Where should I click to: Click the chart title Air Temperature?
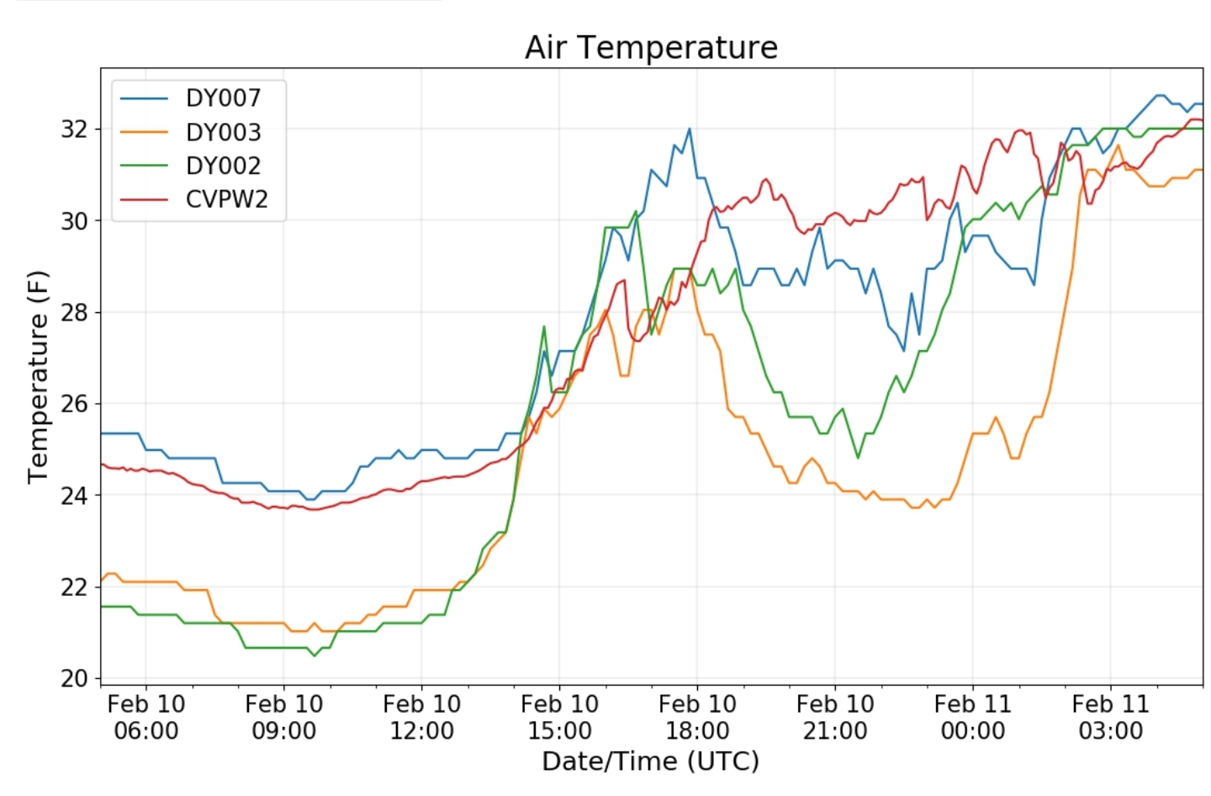(x=651, y=47)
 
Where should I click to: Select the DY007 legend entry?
(x=223, y=98)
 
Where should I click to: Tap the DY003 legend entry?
(x=223, y=132)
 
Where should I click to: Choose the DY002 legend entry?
(x=223, y=166)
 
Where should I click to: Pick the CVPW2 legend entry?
(x=226, y=199)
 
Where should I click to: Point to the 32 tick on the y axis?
(x=74, y=130)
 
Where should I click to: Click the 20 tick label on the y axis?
(x=74, y=678)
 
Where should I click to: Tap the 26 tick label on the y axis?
(x=74, y=404)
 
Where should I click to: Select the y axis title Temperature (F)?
(x=38, y=376)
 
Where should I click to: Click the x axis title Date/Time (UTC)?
(x=650, y=762)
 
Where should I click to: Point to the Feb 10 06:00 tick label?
(x=146, y=717)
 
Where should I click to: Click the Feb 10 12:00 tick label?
(x=421, y=717)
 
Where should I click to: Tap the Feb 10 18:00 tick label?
(x=697, y=717)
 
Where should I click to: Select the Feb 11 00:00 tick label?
(x=973, y=717)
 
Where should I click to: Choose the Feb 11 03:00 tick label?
(x=1110, y=717)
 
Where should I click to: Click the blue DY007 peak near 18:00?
(x=690, y=129)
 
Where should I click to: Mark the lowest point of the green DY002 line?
(x=315, y=655)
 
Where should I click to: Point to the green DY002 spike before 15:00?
(x=544, y=326)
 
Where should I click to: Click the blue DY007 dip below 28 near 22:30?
(x=904, y=350)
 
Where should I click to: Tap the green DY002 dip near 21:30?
(x=858, y=458)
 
